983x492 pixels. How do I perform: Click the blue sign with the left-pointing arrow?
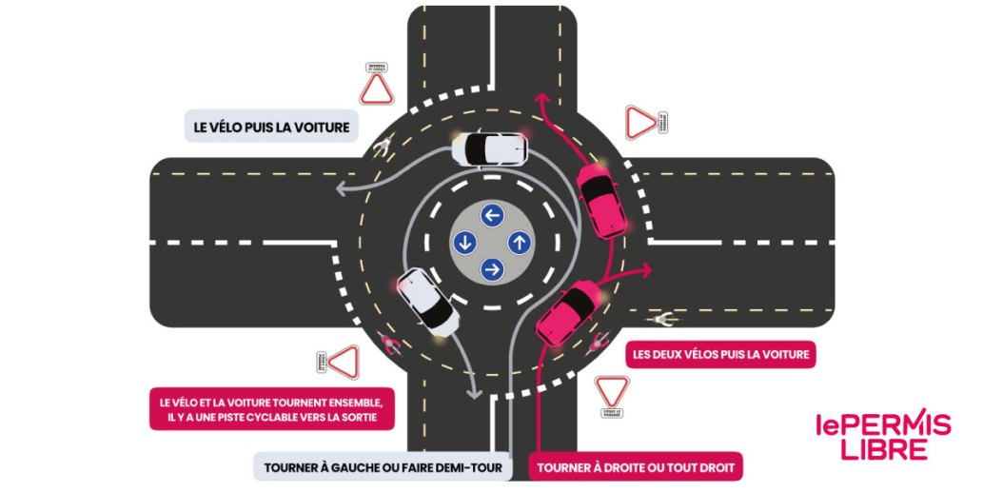492,215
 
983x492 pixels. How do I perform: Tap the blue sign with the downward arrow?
465,242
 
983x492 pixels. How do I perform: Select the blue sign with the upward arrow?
519,242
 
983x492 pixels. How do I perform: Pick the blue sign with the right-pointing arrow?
492,269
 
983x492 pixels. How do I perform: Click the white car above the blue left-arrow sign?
489,148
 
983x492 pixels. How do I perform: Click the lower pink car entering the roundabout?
567,312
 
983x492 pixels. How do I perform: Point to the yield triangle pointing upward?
376,89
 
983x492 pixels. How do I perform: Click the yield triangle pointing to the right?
640,122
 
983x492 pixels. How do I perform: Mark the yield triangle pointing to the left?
344,363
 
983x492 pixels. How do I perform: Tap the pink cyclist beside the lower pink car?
600,342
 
